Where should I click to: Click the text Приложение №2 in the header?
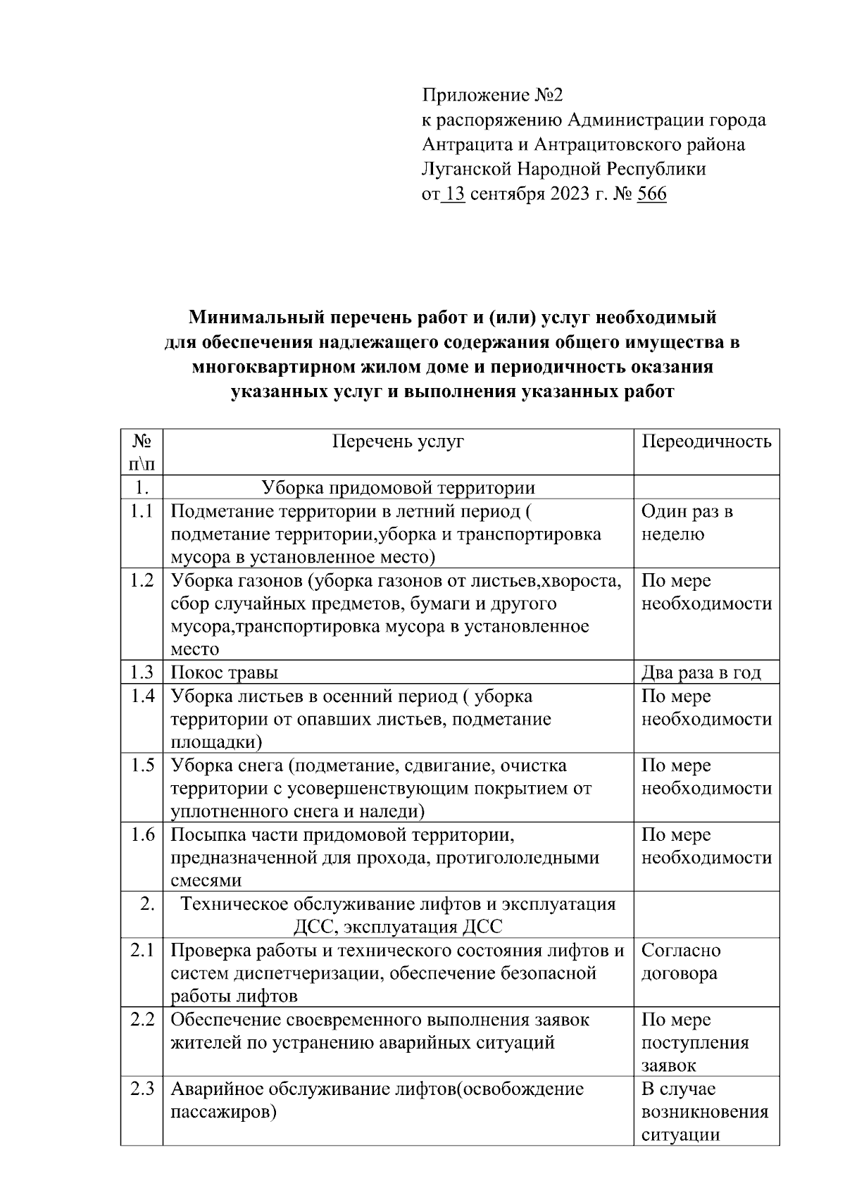[493, 95]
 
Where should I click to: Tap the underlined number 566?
[651, 194]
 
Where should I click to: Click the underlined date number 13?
[455, 194]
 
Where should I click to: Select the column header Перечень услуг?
[398, 442]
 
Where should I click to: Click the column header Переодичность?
[706, 442]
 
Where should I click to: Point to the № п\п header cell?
[142, 452]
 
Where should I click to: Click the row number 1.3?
[142, 672]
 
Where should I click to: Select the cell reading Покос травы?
[225, 672]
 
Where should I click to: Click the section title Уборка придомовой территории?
[398, 487]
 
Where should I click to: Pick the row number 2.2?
[142, 1020]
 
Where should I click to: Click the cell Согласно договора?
[680, 962]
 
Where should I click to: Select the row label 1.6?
[142, 835]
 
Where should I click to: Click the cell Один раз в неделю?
[687, 523]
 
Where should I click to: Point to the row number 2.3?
[142, 1089]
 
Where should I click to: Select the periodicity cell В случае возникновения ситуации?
[704, 1112]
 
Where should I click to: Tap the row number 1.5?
[142, 765]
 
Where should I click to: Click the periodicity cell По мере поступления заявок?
[694, 1042]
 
